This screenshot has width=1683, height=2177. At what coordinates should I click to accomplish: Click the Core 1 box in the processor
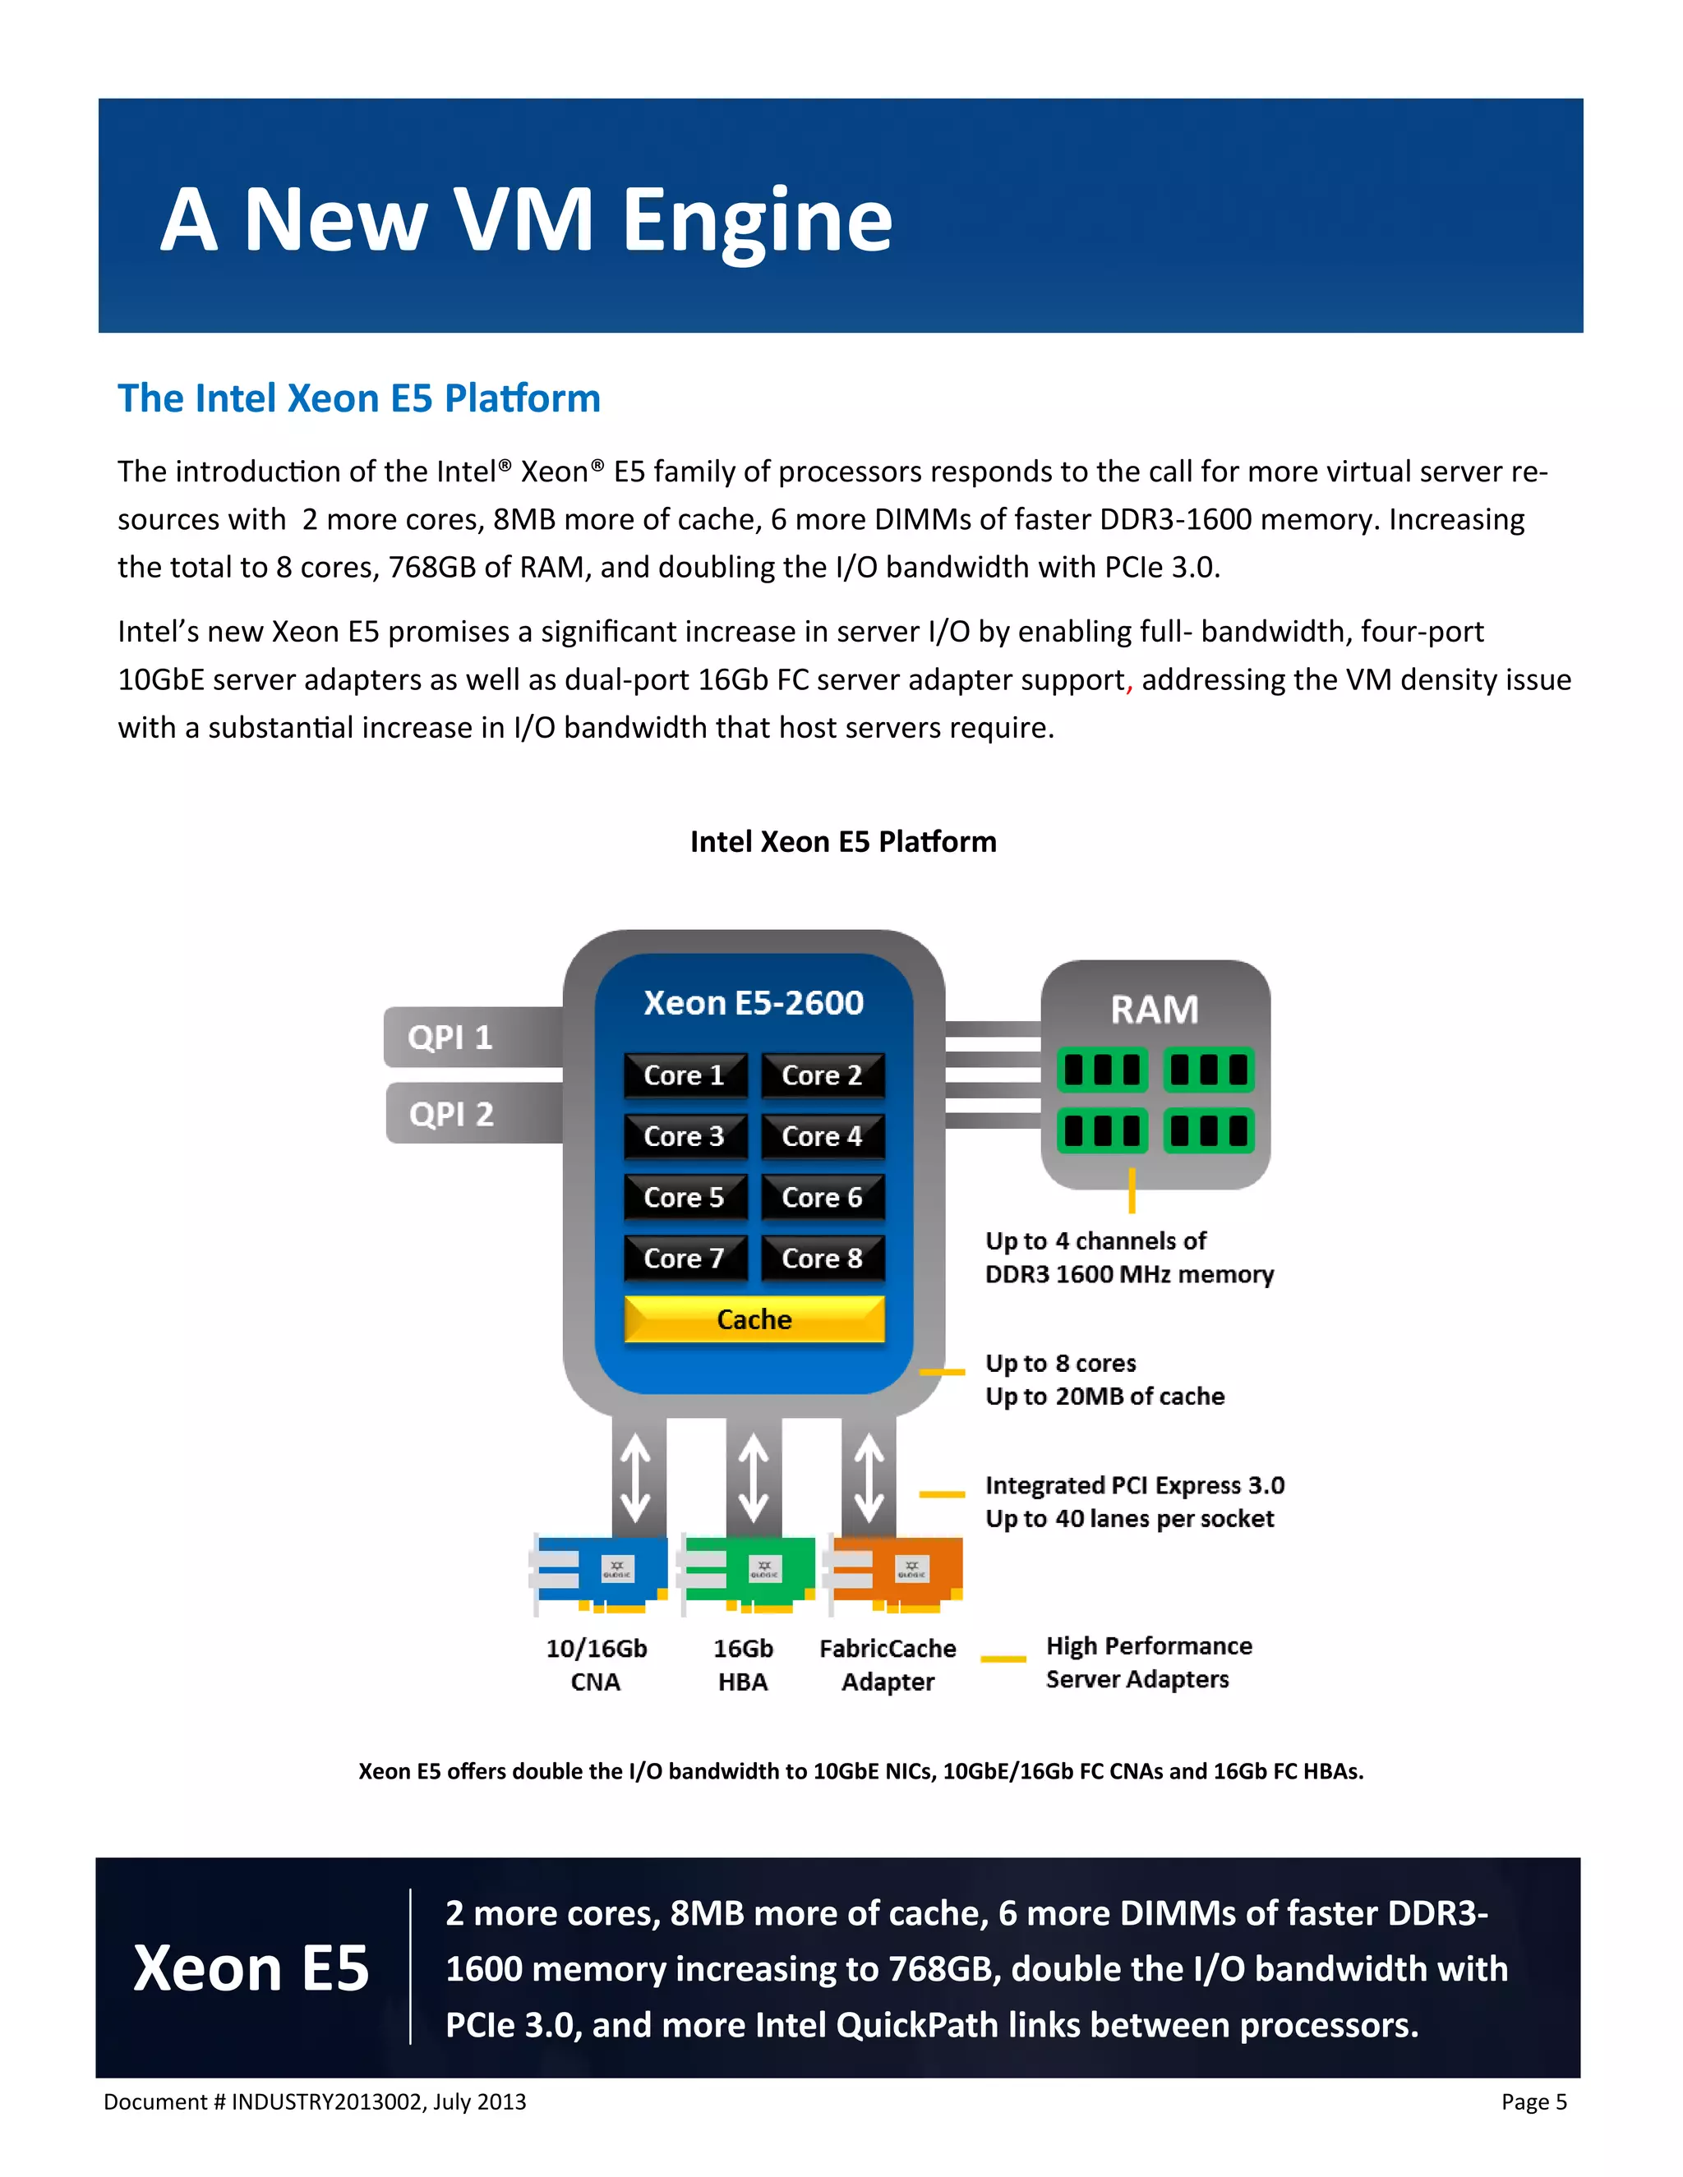[x=684, y=1075]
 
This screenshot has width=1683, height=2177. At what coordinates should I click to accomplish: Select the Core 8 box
[x=822, y=1258]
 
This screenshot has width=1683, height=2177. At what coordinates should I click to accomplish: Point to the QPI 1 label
[x=450, y=1038]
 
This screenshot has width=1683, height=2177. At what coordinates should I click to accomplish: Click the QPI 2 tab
[x=452, y=1113]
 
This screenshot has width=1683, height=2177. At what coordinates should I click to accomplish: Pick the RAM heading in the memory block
[x=1155, y=1010]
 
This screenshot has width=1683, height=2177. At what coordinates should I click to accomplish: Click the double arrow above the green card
[x=754, y=1477]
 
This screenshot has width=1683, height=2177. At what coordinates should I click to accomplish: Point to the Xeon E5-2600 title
[x=754, y=1003]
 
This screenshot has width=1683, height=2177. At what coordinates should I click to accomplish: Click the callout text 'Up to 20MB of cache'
[x=1104, y=1397]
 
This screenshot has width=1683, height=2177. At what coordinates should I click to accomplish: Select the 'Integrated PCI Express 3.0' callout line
[x=1135, y=1485]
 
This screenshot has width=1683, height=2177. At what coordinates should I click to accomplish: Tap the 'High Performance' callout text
[x=1149, y=1645]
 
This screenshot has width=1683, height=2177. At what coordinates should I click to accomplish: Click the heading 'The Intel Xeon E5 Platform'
[x=359, y=398]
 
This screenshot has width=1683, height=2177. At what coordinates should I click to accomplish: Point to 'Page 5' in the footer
[x=1533, y=2102]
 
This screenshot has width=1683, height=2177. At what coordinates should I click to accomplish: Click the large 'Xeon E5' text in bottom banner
[x=251, y=1968]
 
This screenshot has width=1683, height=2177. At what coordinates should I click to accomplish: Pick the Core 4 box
[x=822, y=1136]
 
